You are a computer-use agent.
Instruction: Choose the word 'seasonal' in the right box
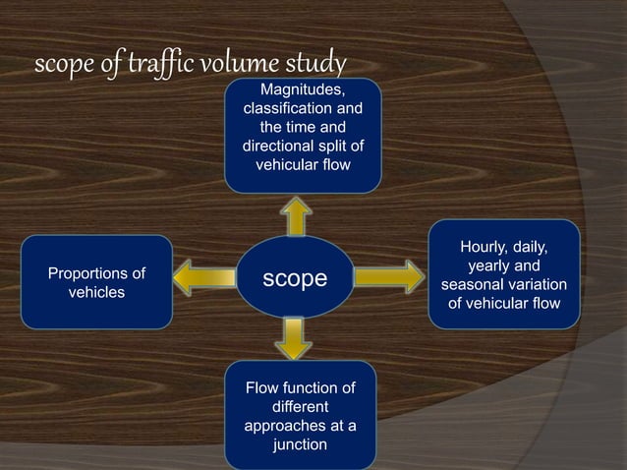pos(478,285)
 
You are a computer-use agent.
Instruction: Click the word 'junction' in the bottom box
pos(300,445)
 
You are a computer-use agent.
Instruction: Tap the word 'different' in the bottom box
pos(300,407)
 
